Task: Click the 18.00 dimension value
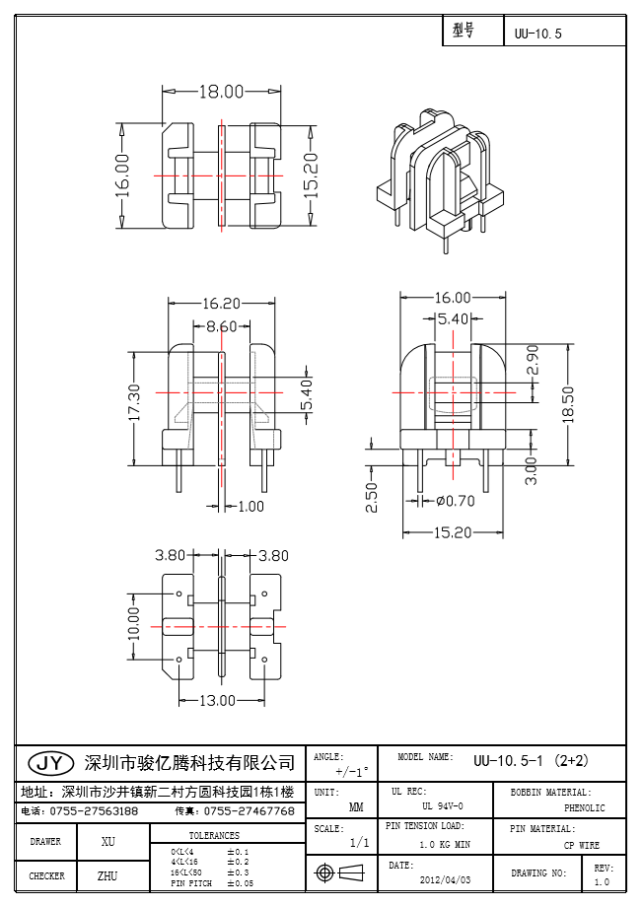click(x=221, y=92)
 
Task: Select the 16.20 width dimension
click(x=221, y=305)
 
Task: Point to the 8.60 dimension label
click(x=221, y=325)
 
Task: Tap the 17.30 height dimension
click(x=135, y=405)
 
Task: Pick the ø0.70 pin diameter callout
click(x=455, y=501)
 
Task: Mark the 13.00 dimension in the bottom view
click(x=218, y=701)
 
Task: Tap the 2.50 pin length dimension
click(x=371, y=496)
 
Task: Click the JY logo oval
click(x=50, y=763)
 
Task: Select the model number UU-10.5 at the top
click(x=537, y=34)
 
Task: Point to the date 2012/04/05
click(x=446, y=878)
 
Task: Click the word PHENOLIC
click(x=584, y=808)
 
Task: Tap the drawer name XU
click(x=108, y=842)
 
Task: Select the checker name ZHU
click(x=108, y=875)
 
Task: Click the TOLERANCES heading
click(x=214, y=835)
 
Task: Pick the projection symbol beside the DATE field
click(x=337, y=873)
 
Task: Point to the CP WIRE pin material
click(x=581, y=846)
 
